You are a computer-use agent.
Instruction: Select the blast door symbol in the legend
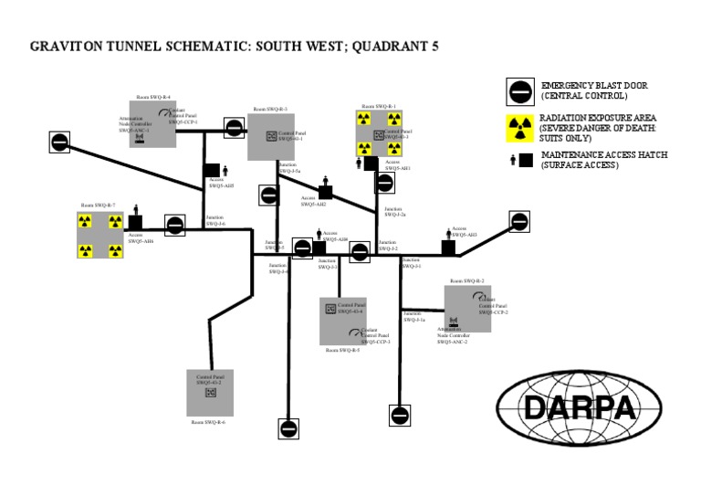520,91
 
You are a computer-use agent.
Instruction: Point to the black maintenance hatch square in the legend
526,161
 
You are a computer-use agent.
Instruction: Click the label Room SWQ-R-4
153,96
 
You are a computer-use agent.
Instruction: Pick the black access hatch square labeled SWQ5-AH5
212,169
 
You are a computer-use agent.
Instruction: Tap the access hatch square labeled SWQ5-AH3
448,246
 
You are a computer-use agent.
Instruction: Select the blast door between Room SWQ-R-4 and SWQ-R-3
234,129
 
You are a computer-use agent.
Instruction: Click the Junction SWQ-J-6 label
215,221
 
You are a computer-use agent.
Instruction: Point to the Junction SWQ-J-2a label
394,211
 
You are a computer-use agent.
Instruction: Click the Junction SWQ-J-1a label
413,316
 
